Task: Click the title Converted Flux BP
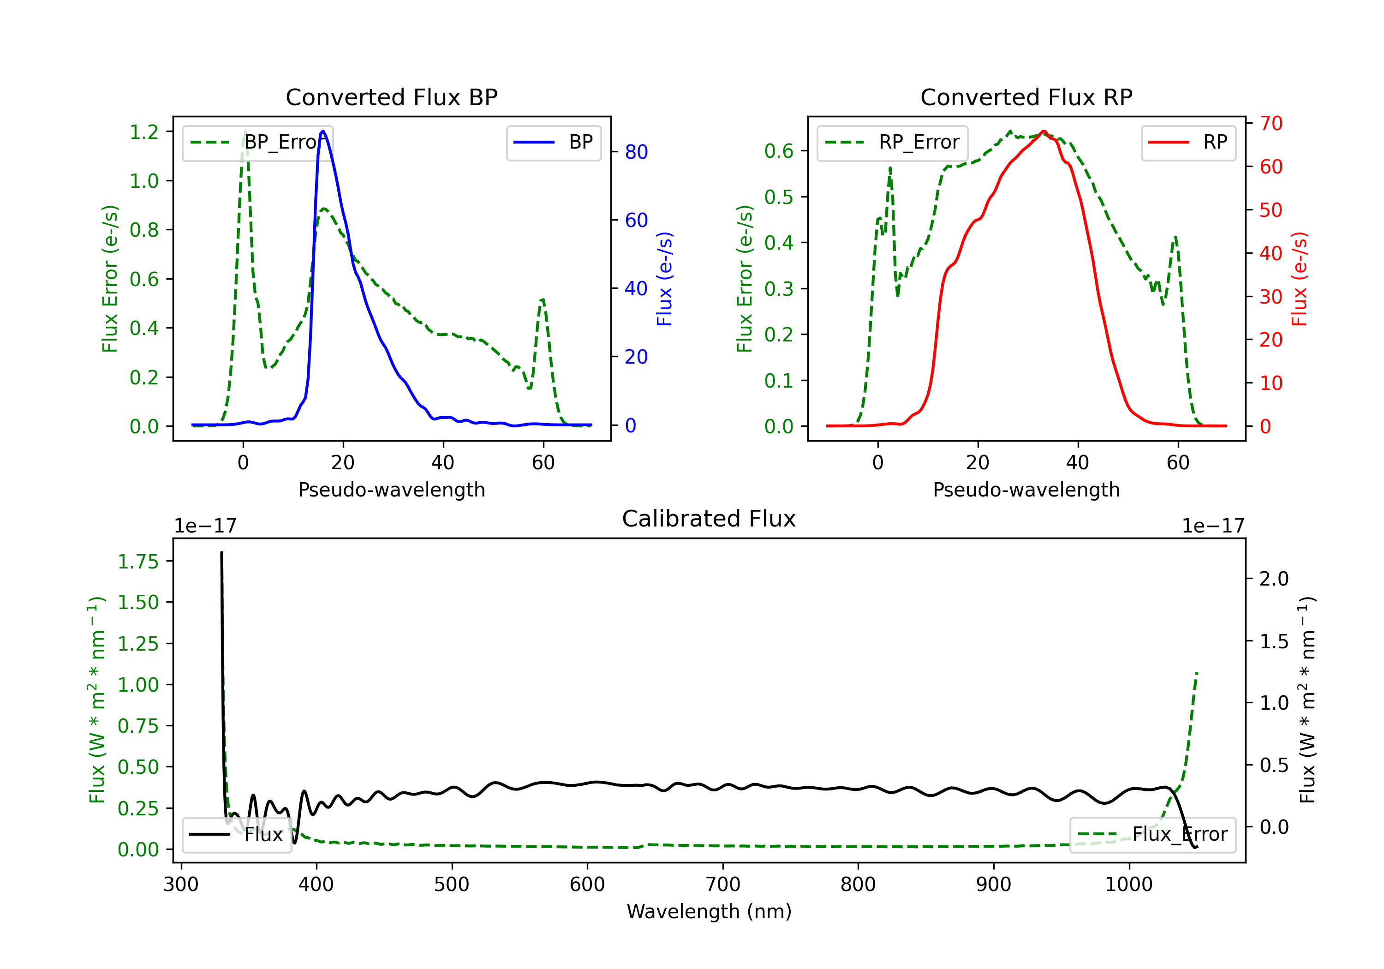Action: pos(391,97)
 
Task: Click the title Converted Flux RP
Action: pos(1026,97)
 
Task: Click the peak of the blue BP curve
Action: pos(323,131)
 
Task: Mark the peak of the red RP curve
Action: pos(1044,131)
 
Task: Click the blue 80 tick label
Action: pos(636,152)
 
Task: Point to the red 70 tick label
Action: pos(1271,124)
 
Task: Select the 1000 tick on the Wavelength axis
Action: pos(1128,885)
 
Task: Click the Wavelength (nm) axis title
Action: pos(709,911)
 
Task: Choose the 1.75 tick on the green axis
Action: pos(138,562)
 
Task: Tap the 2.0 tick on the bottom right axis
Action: pos(1274,579)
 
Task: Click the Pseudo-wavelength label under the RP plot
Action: pos(1026,490)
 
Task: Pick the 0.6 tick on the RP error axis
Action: pos(779,151)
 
